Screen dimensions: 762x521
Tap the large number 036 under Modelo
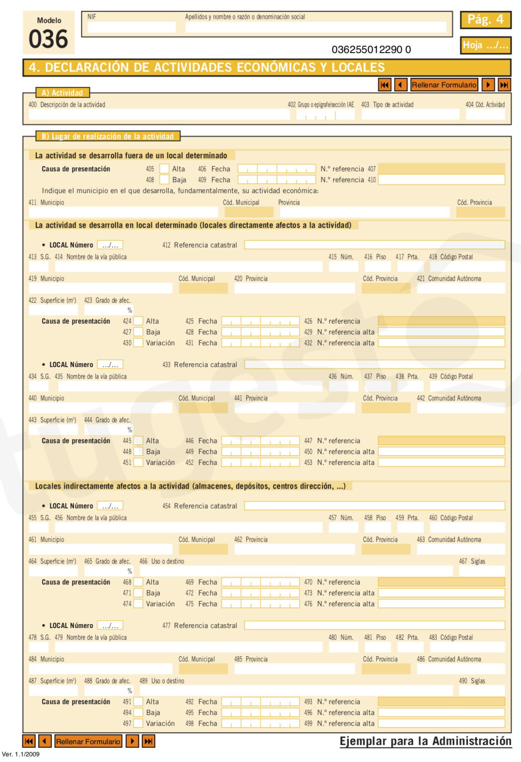click(48, 40)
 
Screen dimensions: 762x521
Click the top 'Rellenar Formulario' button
click(444, 85)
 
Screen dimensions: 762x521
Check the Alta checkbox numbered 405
click(164, 169)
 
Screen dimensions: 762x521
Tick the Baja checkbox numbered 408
click(164, 180)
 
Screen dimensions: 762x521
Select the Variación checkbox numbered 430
click(138, 343)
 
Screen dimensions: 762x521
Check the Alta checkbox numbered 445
click(138, 441)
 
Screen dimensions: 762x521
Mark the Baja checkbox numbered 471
click(138, 593)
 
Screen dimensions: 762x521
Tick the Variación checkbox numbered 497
click(138, 723)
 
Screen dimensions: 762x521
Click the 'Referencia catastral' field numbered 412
click(374, 245)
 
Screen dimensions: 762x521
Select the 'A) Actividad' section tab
click(63, 93)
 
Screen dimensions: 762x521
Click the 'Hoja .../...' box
click(485, 45)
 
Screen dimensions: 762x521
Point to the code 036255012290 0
click(371, 50)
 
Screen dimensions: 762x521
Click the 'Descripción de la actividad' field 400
click(159, 115)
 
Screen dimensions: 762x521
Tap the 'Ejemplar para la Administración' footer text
click(425, 741)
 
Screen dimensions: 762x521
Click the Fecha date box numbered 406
click(276, 169)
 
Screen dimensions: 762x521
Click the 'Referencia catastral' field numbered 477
click(374, 626)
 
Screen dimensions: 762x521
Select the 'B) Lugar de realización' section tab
click(108, 136)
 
